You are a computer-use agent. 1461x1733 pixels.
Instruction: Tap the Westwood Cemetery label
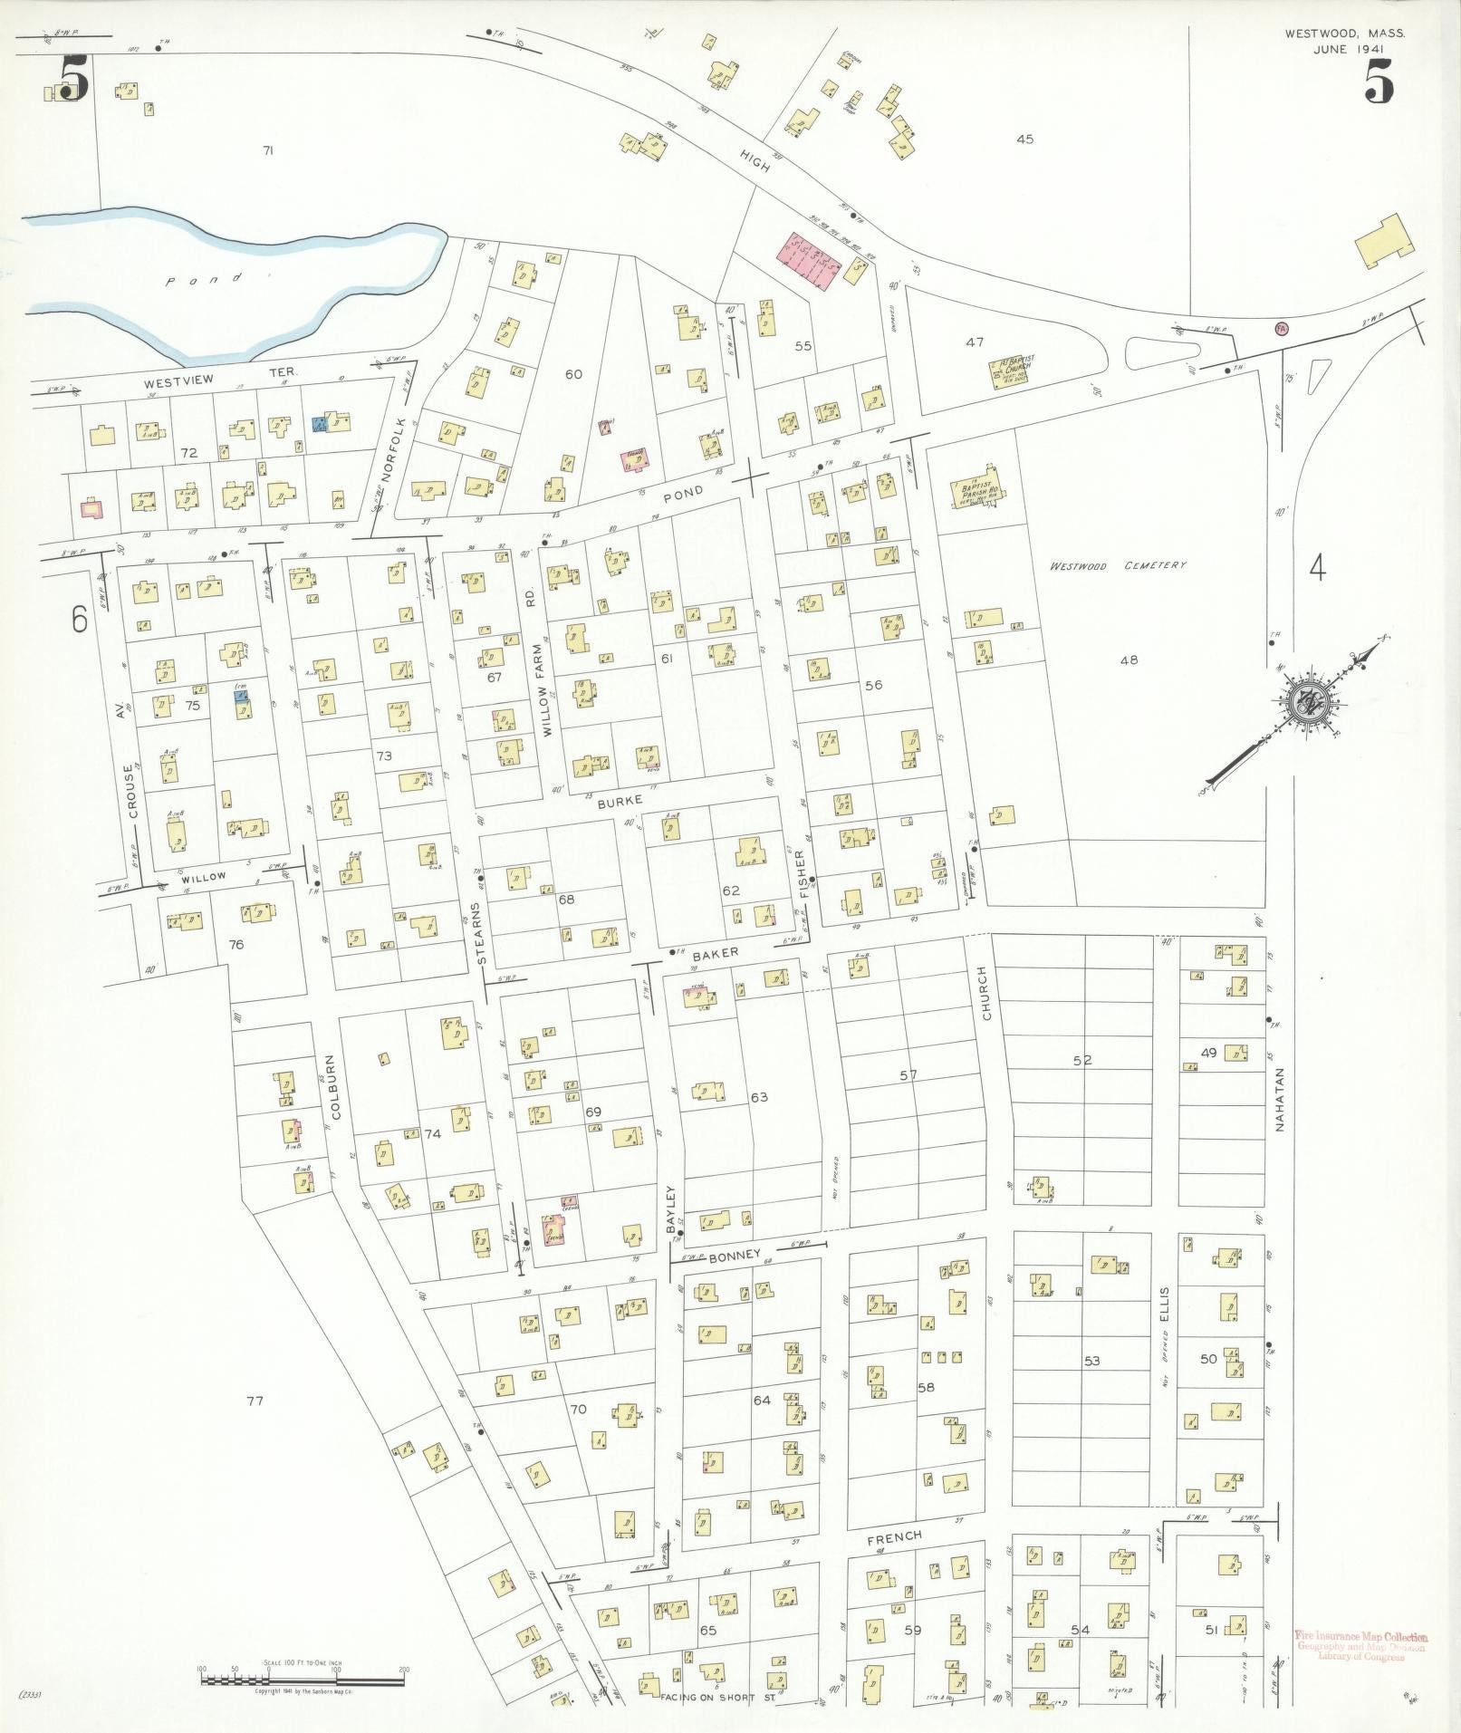(x=1118, y=565)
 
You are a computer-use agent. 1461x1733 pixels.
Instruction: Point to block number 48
(x=1129, y=660)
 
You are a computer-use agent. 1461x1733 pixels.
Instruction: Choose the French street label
(x=893, y=1536)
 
